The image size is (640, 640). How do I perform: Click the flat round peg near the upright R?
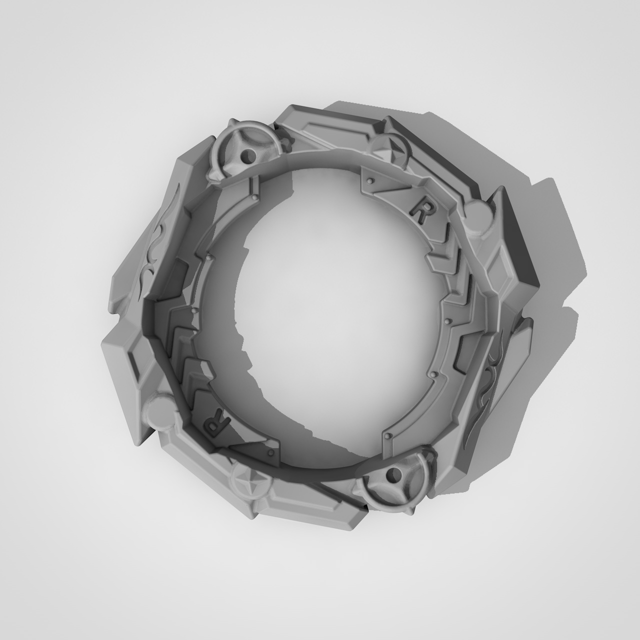pyautogui.click(x=477, y=216)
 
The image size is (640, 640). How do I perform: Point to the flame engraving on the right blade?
pyautogui.click(x=484, y=380)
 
